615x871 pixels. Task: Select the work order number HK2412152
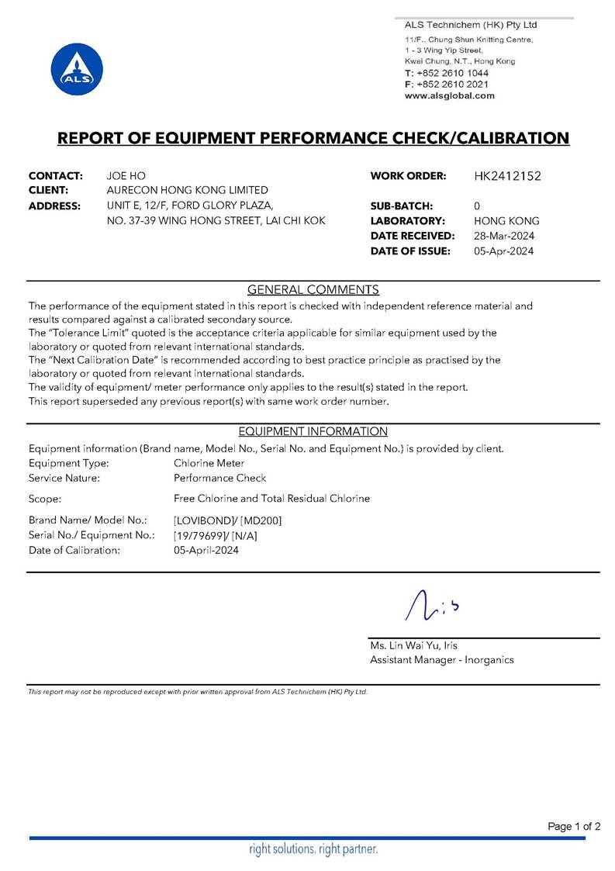[507, 176]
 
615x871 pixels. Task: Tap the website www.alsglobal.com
[449, 95]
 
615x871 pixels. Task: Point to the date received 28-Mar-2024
[504, 236]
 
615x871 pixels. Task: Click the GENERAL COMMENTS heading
[313, 290]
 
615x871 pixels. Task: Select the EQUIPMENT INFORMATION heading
[313, 431]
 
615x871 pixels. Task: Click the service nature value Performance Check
[219, 478]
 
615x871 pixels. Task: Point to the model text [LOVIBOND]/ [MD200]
[228, 520]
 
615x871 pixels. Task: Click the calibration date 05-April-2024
[206, 550]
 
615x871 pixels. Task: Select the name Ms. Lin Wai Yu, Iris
[419, 645]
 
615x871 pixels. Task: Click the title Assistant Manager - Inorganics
[441, 660]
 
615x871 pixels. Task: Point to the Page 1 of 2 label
[574, 826]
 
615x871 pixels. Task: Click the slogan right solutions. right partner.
[313, 849]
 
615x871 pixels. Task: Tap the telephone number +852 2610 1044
[453, 72]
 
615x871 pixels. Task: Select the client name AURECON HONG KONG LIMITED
[187, 190]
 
